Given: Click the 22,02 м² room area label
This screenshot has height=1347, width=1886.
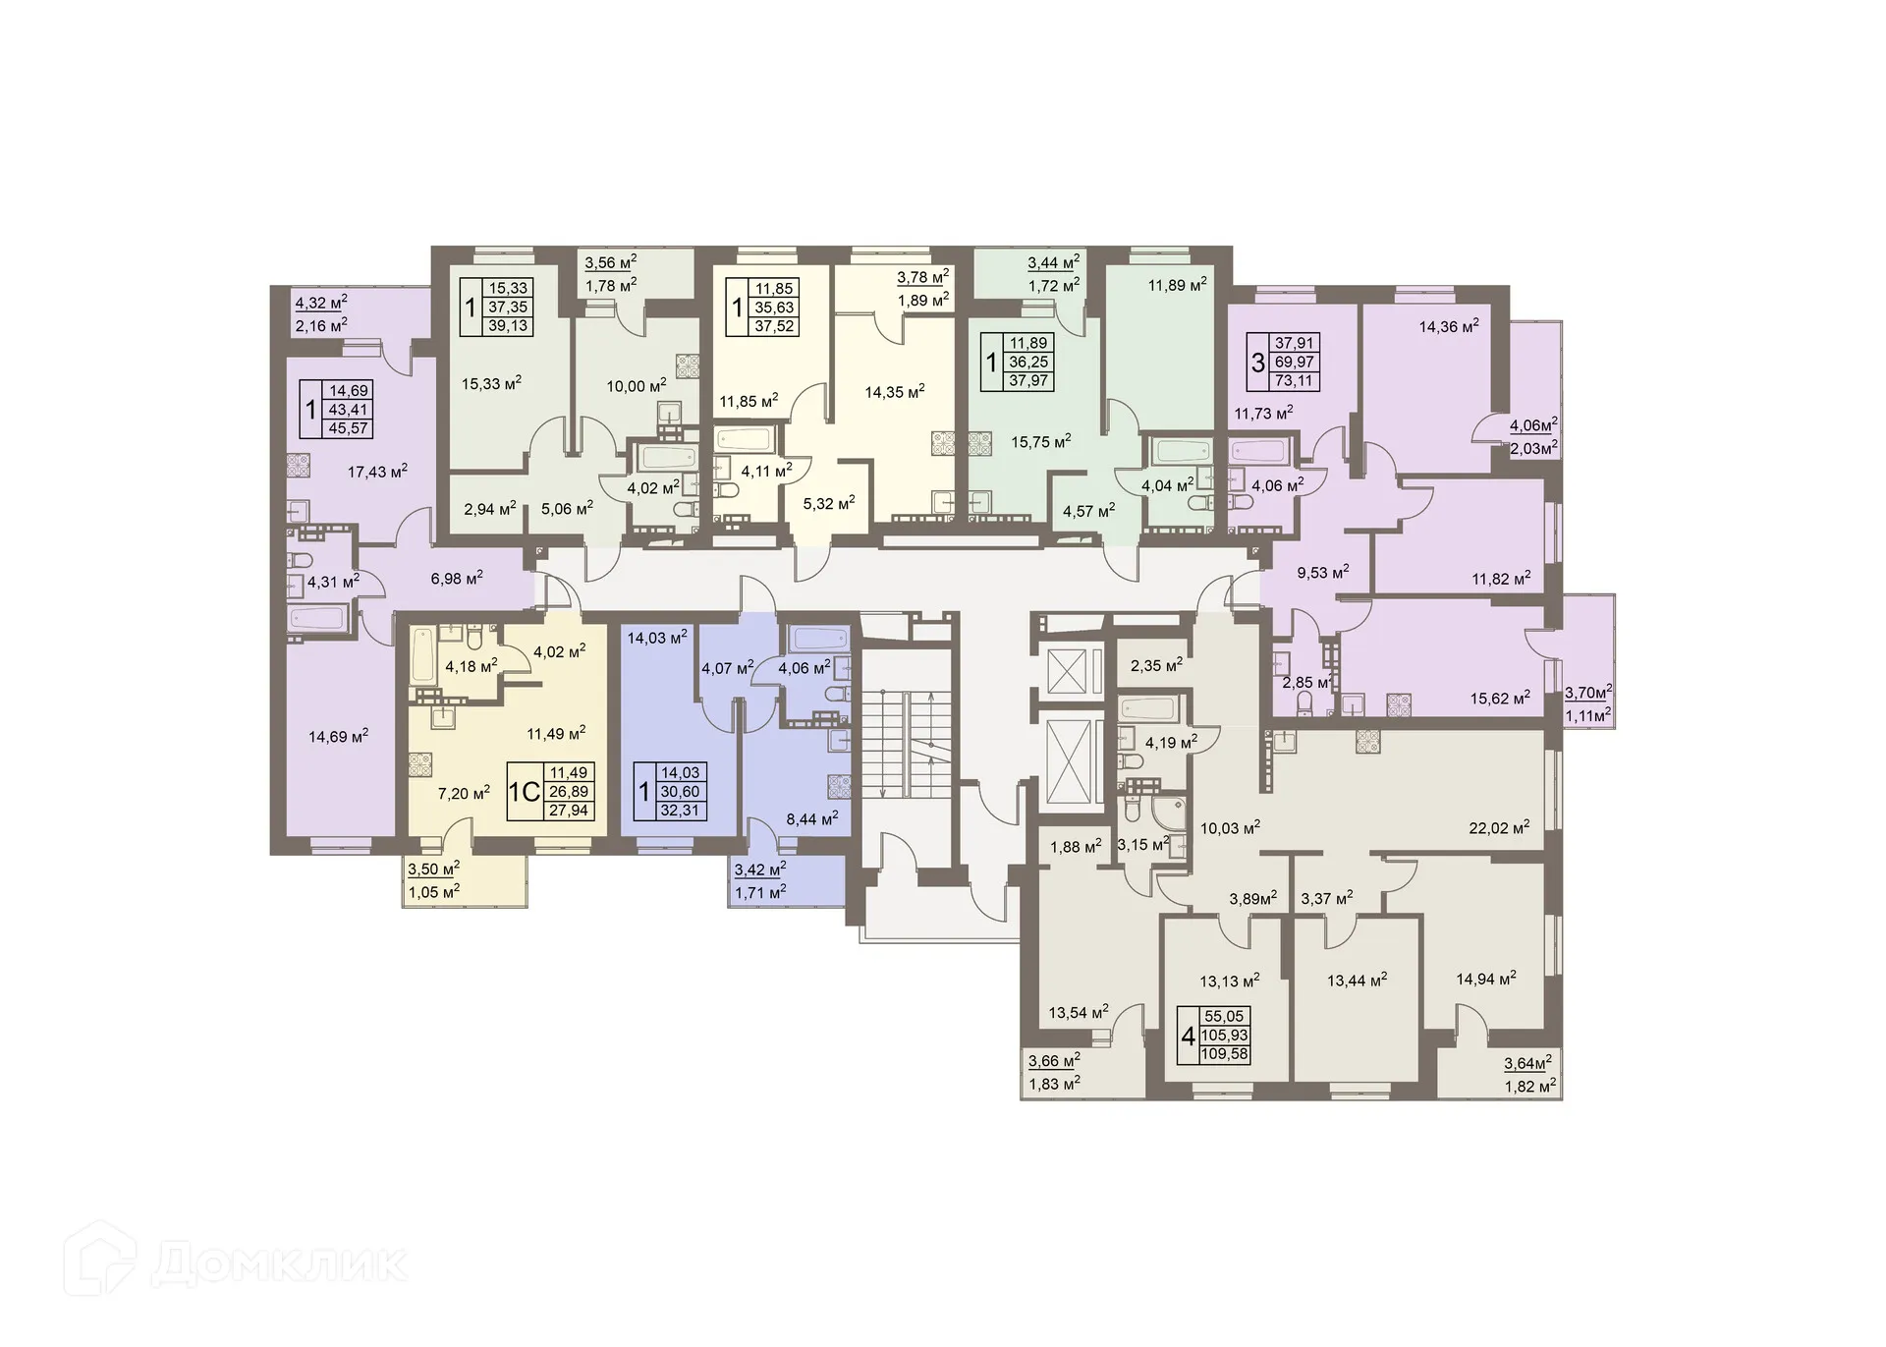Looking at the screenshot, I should [x=1499, y=828].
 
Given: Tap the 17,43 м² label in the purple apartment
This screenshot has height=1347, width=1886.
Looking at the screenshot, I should [x=377, y=472].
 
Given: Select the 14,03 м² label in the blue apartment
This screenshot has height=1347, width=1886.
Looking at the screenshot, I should [x=656, y=638].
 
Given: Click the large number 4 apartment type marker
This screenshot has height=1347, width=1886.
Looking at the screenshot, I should [x=1188, y=1036].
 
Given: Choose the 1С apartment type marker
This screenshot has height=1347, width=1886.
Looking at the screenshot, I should [x=525, y=792].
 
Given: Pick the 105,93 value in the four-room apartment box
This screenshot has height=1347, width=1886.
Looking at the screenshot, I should [x=1224, y=1036].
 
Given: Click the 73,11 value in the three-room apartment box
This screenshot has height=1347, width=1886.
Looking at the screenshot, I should [x=1294, y=381].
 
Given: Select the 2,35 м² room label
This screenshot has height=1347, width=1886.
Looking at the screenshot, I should [x=1156, y=665].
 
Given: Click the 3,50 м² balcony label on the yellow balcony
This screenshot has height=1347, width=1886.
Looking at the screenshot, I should [x=431, y=869].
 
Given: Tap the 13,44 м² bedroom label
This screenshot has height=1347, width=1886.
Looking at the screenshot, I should [x=1357, y=980].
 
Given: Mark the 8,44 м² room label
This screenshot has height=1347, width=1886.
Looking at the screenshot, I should [x=809, y=817].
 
